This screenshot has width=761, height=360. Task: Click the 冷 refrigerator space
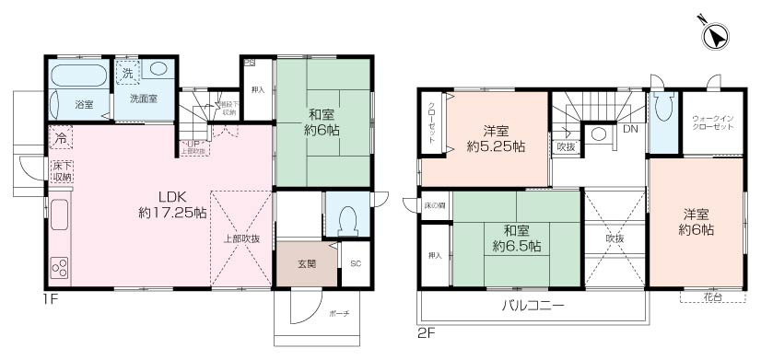coord(60,140)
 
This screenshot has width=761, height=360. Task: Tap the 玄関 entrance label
coord(307,264)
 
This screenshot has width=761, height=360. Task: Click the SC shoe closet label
coord(356,264)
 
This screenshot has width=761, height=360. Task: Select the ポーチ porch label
coord(339,314)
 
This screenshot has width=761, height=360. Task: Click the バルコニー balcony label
coord(533,305)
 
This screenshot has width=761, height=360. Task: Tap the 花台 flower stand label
coord(711,297)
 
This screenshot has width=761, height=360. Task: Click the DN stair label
coord(630,129)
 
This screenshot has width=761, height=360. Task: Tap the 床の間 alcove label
coord(435,205)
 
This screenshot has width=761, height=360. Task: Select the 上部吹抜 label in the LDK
coord(241,238)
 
